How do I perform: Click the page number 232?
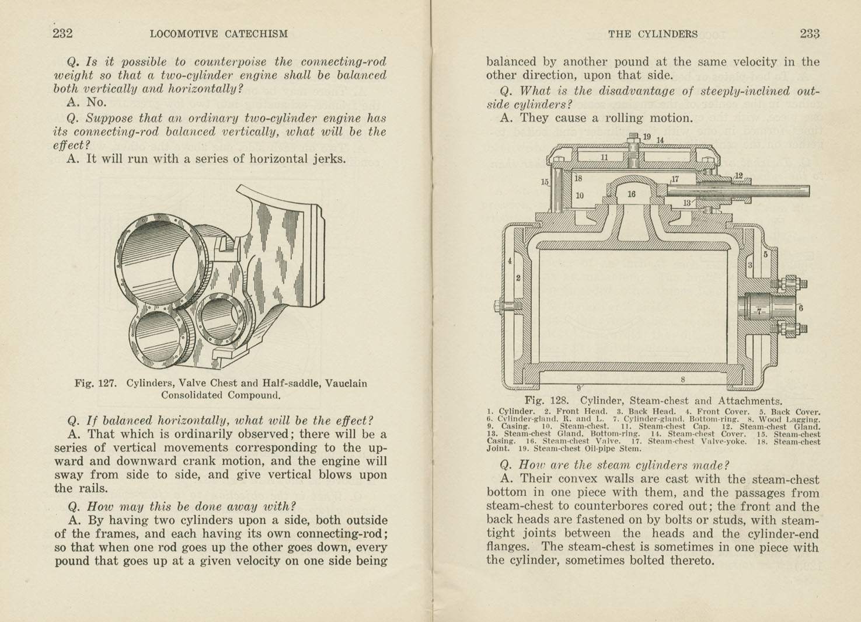(x=62, y=33)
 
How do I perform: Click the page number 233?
(x=810, y=33)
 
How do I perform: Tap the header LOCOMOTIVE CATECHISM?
(x=218, y=34)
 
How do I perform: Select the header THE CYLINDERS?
(x=653, y=34)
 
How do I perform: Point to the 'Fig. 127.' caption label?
(x=96, y=384)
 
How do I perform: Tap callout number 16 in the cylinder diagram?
(x=631, y=194)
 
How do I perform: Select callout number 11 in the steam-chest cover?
(x=605, y=157)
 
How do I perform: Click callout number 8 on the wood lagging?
(x=682, y=379)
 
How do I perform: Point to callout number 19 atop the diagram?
(x=647, y=137)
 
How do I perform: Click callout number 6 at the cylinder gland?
(x=801, y=307)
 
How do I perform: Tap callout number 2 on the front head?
(x=518, y=278)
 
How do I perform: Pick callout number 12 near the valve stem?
(x=738, y=175)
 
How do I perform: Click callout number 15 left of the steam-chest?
(x=544, y=182)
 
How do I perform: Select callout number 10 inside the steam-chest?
(x=580, y=196)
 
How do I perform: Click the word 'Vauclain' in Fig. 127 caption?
(x=346, y=384)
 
